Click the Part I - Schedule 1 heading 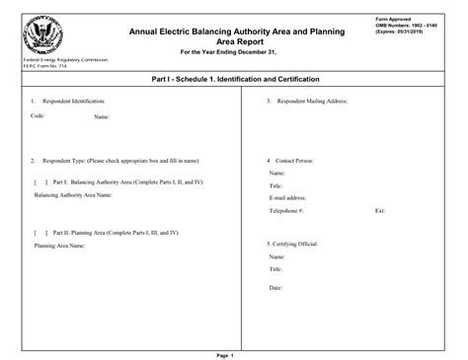click(x=234, y=80)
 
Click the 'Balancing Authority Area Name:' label click(x=73, y=195)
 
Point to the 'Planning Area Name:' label click(x=62, y=246)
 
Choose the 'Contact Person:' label click(x=294, y=160)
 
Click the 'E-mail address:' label click(x=288, y=197)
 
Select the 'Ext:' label click(x=380, y=211)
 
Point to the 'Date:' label click(x=276, y=288)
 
